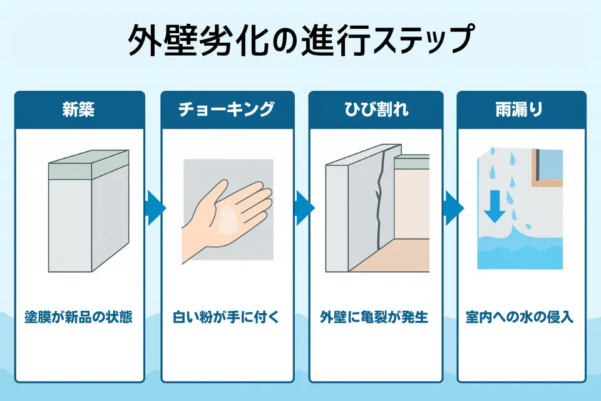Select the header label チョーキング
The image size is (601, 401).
pyautogui.click(x=227, y=110)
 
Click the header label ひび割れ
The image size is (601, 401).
pyautogui.click(x=374, y=110)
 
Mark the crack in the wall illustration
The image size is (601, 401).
pyautogui.click(x=378, y=200)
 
